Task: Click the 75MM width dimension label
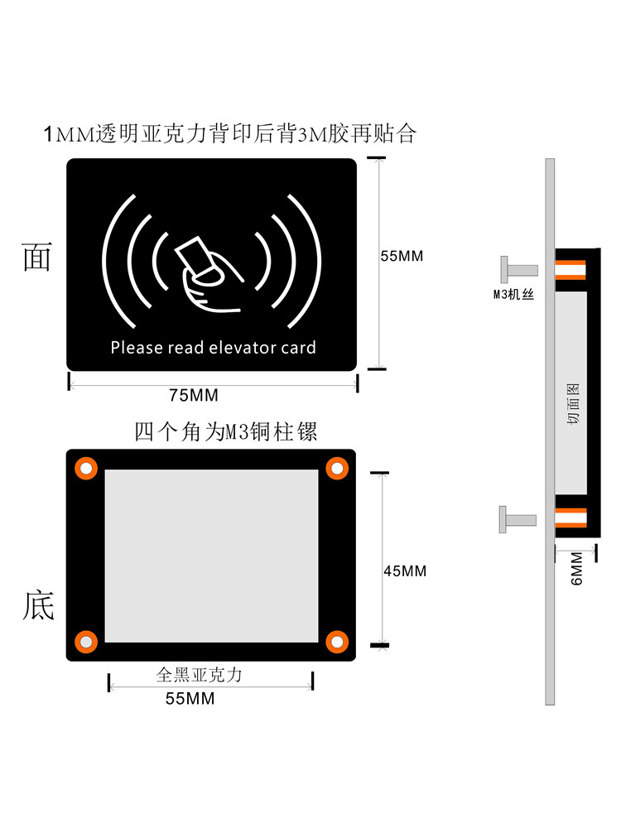[x=194, y=395]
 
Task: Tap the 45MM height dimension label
[x=405, y=570]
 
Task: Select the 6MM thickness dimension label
[x=576, y=569]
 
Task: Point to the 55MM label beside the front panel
[x=402, y=256]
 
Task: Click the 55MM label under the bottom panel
[x=190, y=699]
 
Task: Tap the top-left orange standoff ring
[x=86, y=468]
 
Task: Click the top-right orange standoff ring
[x=337, y=468]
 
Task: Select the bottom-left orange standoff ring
[x=86, y=642]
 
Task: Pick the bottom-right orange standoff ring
[x=337, y=642]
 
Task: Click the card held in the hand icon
[x=193, y=256]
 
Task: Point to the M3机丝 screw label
[x=513, y=294]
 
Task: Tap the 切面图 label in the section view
[x=573, y=404]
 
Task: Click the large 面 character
[x=37, y=258]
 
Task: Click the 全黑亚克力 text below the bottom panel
[x=199, y=674]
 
